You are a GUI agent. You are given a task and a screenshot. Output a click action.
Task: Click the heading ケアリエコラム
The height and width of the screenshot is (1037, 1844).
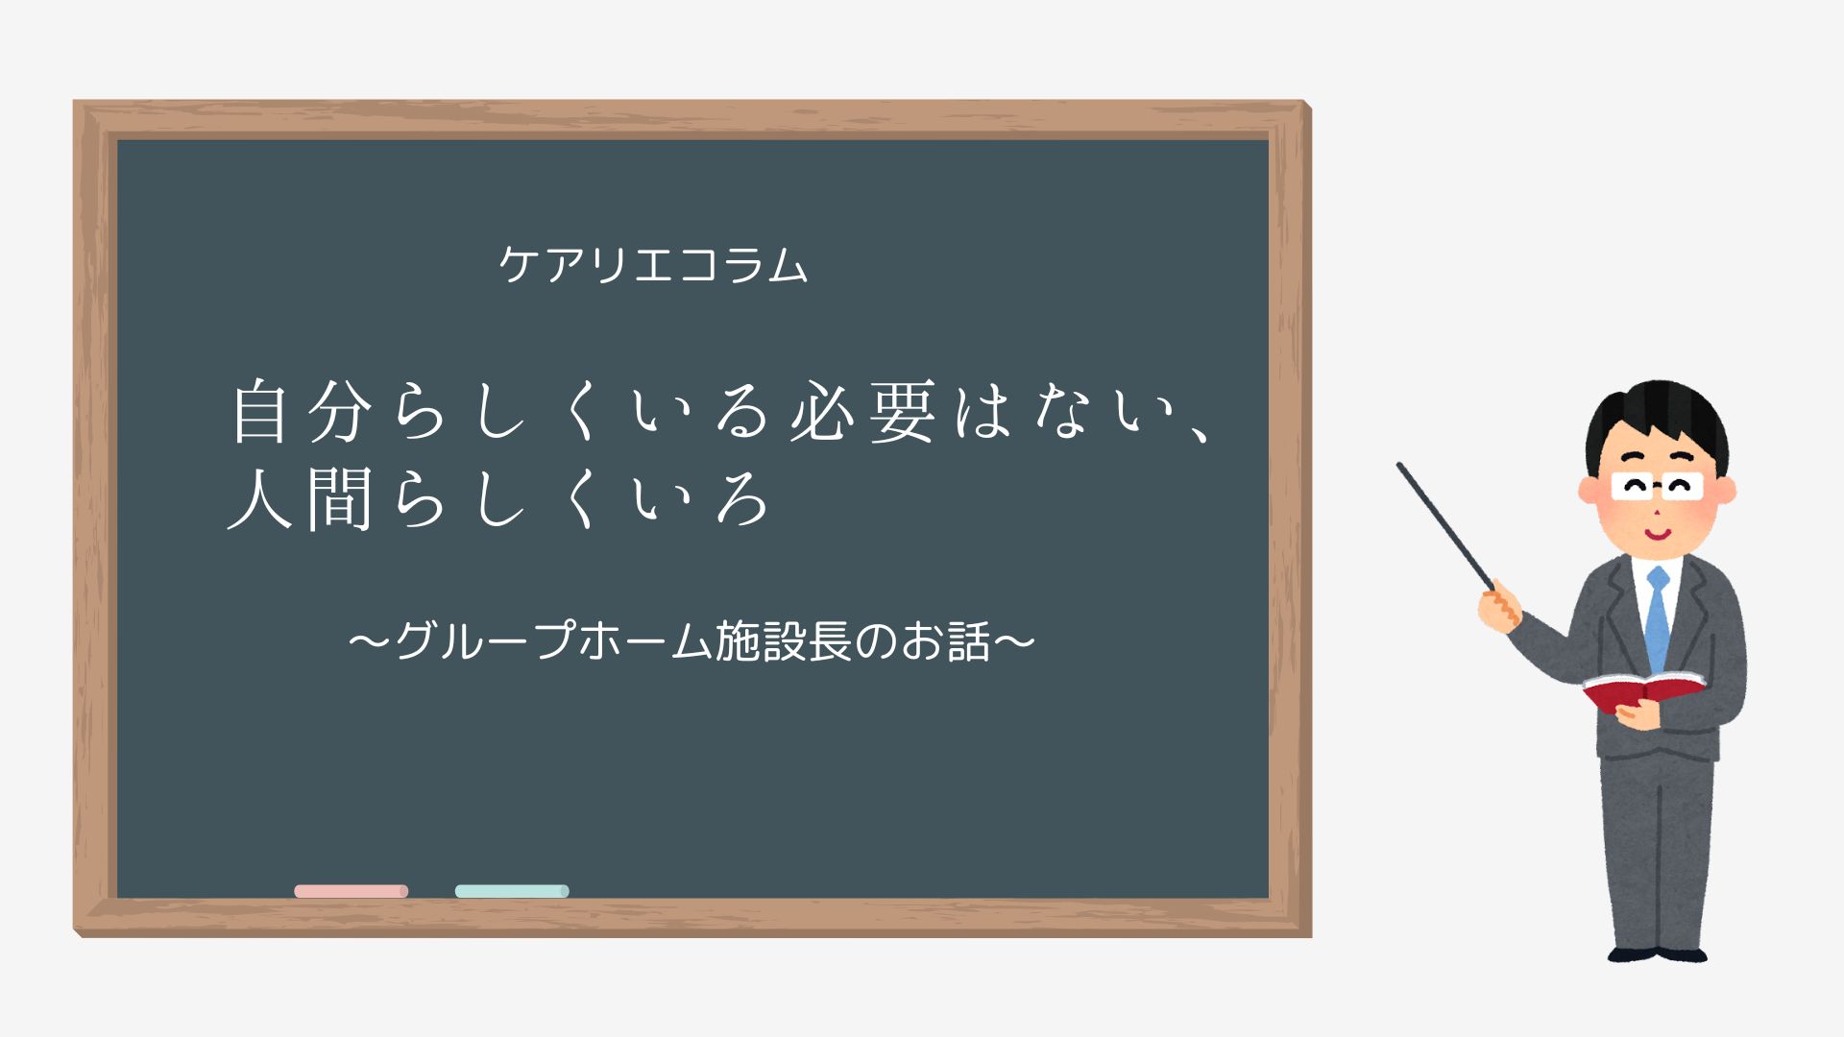653,264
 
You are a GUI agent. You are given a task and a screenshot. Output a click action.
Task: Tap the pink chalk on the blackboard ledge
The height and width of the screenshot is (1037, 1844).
351,891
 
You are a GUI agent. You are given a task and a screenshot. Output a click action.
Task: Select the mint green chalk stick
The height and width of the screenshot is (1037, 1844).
512,891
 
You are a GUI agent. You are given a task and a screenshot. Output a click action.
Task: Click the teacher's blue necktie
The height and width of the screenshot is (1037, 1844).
1658,619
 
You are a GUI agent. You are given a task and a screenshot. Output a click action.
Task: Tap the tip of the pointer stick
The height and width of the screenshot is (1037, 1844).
1400,467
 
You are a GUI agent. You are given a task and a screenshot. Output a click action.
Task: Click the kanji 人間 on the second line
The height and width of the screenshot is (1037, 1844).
300,499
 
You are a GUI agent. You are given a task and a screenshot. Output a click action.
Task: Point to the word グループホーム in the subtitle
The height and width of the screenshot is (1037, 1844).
554,640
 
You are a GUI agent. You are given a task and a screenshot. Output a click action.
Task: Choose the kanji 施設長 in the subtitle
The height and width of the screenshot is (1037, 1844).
784,640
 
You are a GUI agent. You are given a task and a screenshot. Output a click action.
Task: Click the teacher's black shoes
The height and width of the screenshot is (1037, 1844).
1658,954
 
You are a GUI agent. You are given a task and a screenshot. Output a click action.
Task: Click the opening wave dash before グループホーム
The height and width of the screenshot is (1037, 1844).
371,640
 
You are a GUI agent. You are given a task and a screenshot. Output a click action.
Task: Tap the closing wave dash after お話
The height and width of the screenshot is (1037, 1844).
1014,640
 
